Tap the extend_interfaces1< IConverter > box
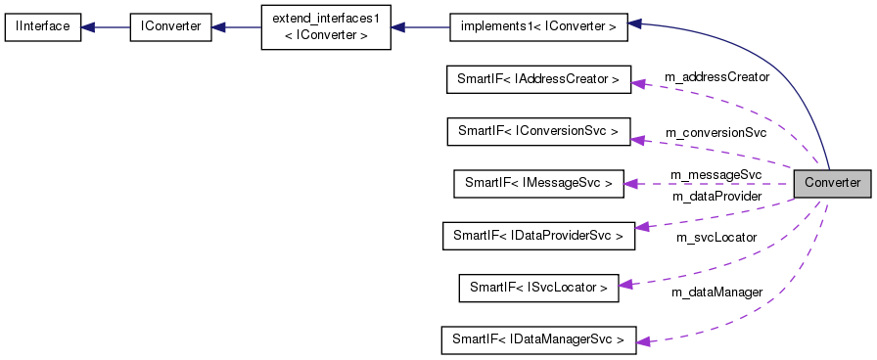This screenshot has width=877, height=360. click(x=325, y=26)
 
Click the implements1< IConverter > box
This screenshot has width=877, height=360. click(x=537, y=26)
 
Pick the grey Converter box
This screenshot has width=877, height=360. click(x=831, y=183)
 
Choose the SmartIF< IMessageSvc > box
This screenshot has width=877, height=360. click(x=537, y=183)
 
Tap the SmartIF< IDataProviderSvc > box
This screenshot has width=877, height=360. click(x=537, y=235)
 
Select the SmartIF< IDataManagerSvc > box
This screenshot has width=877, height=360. click(x=537, y=339)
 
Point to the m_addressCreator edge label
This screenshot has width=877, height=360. click(x=716, y=76)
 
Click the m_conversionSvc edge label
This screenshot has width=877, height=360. click(x=715, y=132)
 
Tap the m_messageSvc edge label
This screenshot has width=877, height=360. click(x=715, y=174)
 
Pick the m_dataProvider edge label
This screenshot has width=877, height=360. click(x=715, y=197)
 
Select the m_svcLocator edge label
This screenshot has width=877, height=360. click(x=715, y=238)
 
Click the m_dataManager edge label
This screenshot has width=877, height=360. click(x=716, y=292)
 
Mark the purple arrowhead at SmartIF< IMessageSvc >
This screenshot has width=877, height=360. click(x=631, y=183)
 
